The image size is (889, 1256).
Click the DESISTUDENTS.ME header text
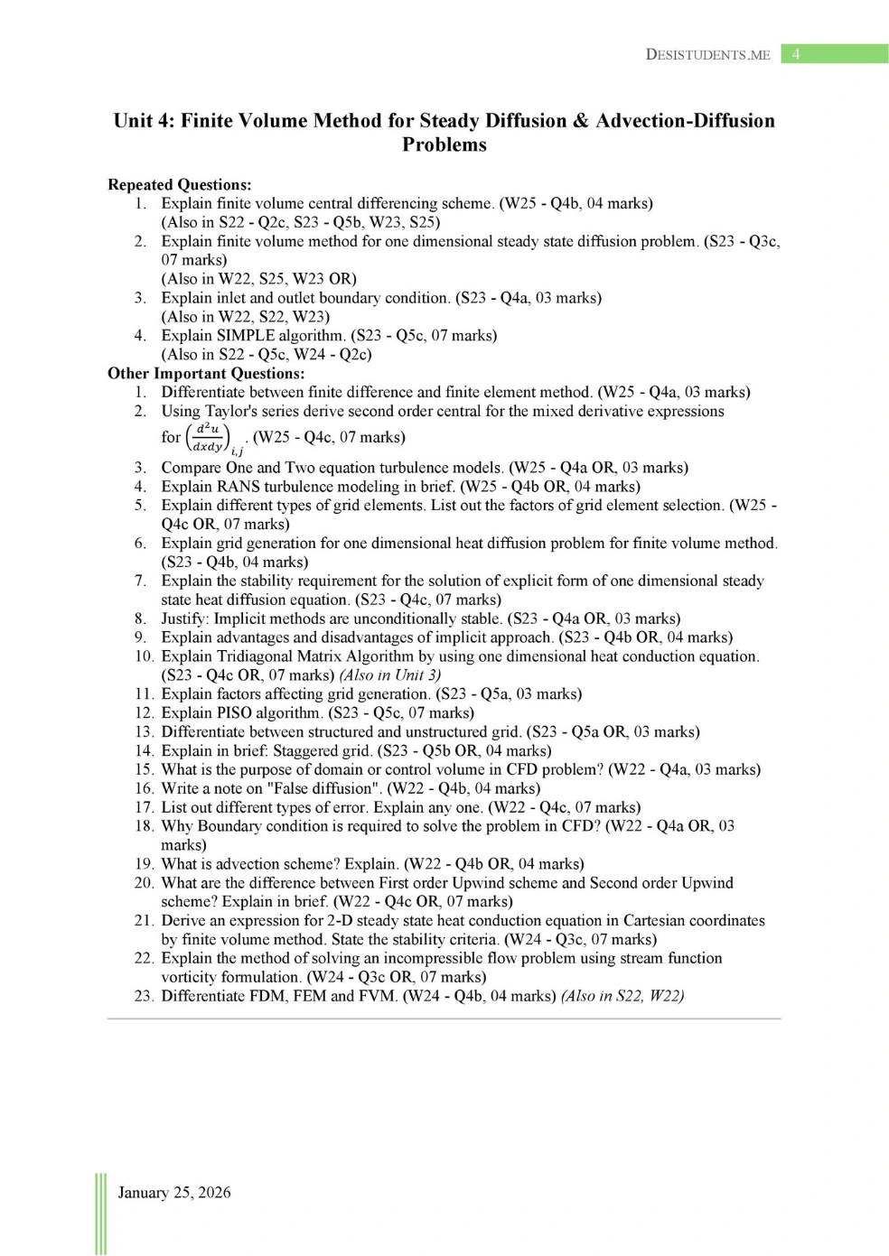[x=707, y=54]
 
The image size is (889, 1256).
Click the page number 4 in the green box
[x=796, y=54]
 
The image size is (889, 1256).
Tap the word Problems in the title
[x=444, y=144]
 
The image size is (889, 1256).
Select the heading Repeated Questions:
[x=179, y=184]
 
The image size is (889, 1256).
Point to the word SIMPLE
[x=246, y=335]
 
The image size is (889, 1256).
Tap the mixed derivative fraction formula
[x=208, y=437]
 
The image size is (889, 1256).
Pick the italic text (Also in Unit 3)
[x=390, y=675]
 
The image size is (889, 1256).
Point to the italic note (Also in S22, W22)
[x=622, y=996]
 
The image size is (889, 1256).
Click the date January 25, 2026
[x=174, y=1192]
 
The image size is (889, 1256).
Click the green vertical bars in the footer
[x=101, y=1214]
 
